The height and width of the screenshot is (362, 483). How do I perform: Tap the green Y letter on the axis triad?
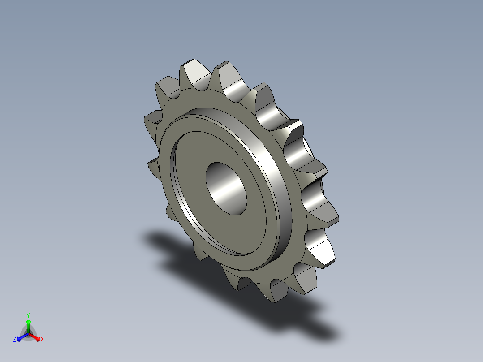pos(28,315)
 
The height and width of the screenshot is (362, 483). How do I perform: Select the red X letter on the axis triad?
pos(42,340)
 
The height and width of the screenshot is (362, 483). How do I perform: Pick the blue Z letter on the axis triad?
pos(15,340)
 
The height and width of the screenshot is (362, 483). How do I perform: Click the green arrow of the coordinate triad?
pos(28,324)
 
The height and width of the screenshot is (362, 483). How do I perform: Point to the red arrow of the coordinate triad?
pos(36,336)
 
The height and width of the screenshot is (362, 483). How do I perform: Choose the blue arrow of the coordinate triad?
pos(21,336)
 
